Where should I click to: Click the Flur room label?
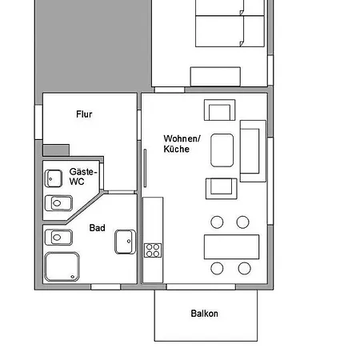pyautogui.click(x=84, y=114)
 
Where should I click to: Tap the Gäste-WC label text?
pyautogui.click(x=83, y=177)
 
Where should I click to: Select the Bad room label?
pyautogui.click(x=97, y=228)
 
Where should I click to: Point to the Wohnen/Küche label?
pyautogui.click(x=182, y=144)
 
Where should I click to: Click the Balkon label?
pyautogui.click(x=204, y=314)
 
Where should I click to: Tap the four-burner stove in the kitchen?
pyautogui.click(x=153, y=250)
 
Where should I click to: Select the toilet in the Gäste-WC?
pyautogui.click(x=58, y=203)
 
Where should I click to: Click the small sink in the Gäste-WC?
pyautogui.click(x=54, y=178)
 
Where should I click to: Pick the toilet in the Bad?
pyautogui.click(x=58, y=238)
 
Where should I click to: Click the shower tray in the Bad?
pyautogui.click(x=62, y=266)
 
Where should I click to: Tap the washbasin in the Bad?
pyautogui.click(x=126, y=242)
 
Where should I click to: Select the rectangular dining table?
pyautogui.click(x=231, y=246)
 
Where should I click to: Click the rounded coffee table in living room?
pyautogui.click(x=222, y=150)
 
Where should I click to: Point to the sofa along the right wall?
pyautogui.click(x=253, y=151)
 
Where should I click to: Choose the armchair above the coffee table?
pyautogui.click(x=220, y=110)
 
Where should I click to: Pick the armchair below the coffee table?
pyautogui.click(x=222, y=189)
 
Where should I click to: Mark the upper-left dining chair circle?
pyautogui.click(x=217, y=222)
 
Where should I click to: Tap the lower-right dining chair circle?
pyautogui.click(x=245, y=268)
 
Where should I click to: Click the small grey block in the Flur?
pyautogui.click(x=56, y=150)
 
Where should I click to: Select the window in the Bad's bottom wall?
pyautogui.click(x=106, y=287)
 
